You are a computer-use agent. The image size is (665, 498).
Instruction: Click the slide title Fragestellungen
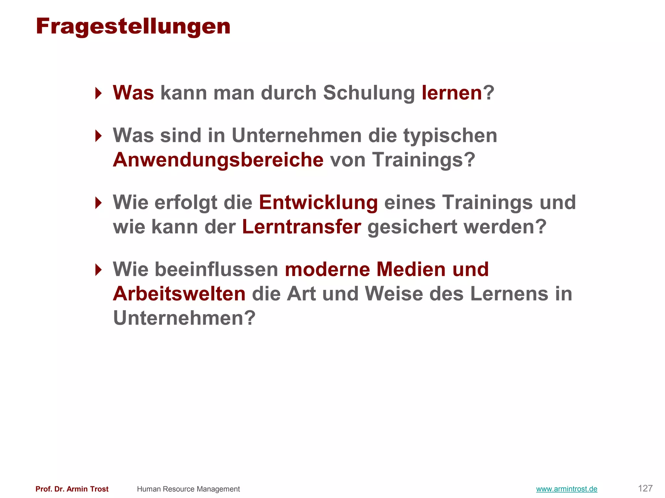tap(133, 27)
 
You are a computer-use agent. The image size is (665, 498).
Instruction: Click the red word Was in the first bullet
tap(133, 93)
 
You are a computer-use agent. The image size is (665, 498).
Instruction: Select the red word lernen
tap(452, 93)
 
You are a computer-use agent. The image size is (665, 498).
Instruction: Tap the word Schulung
tap(369, 93)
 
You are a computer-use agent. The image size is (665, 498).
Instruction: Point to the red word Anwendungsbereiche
tap(218, 160)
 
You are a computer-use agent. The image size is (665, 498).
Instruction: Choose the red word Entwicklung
tap(318, 202)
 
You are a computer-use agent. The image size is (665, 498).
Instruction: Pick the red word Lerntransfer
tap(301, 227)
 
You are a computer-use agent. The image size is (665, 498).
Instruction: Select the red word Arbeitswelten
tap(179, 294)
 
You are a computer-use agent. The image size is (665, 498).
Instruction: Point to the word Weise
tap(394, 294)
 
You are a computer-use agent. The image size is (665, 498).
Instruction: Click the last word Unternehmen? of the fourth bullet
tap(184, 318)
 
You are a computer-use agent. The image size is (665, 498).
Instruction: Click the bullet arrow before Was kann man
tap(98, 93)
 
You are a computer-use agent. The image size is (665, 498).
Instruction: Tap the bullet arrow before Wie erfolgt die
tap(98, 203)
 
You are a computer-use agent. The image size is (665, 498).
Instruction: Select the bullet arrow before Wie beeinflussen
tap(98, 270)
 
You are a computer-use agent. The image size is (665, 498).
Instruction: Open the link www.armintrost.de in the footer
tap(567, 489)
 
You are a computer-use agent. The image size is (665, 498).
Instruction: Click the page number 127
tap(645, 488)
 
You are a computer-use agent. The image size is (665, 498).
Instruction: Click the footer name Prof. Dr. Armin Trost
tap(72, 489)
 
